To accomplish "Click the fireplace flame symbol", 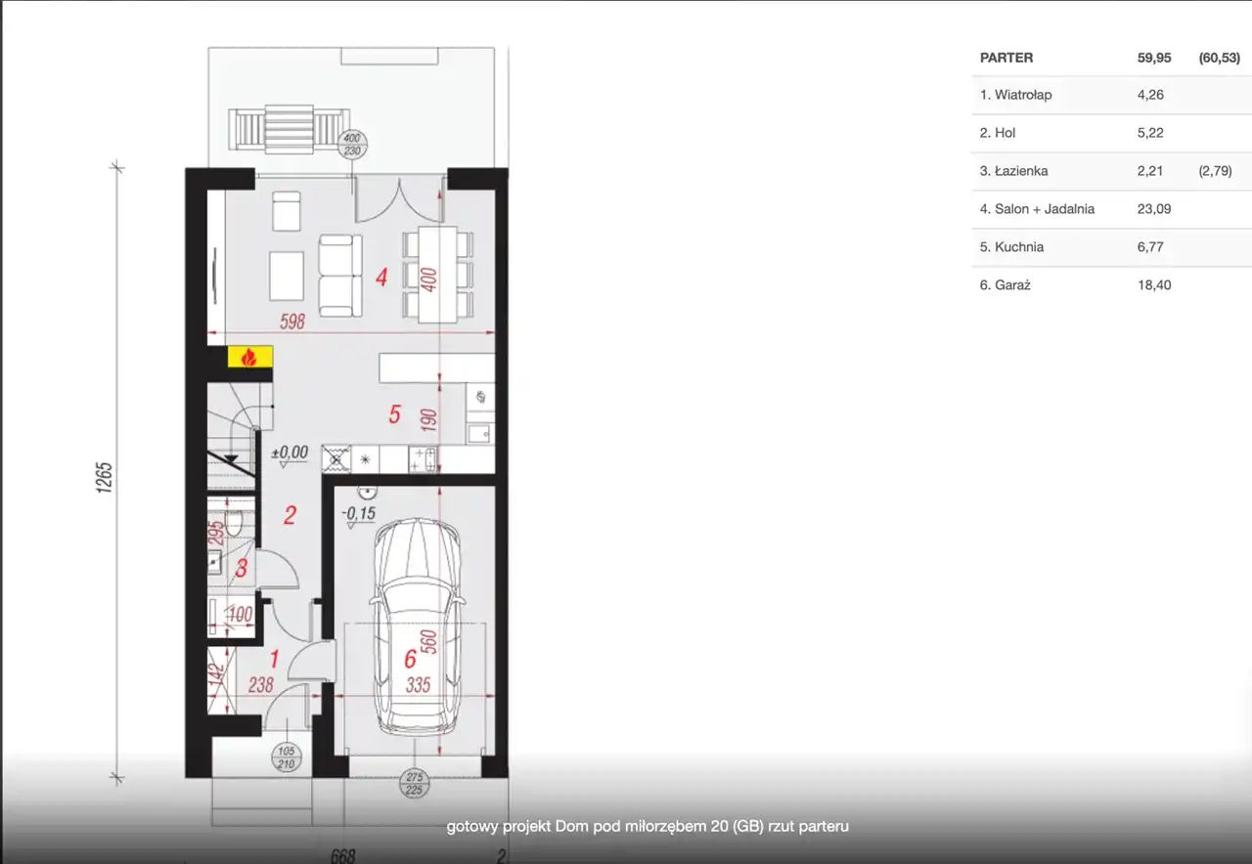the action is tap(248, 357).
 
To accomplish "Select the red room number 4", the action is tap(381, 277).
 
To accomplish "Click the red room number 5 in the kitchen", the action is tap(394, 414).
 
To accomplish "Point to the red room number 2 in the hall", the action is tap(290, 515).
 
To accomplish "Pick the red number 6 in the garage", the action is tap(411, 659).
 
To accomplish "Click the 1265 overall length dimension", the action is tap(105, 478).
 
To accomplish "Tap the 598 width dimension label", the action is tap(292, 322).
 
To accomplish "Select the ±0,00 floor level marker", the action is tap(290, 453).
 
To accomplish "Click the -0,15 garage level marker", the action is tap(359, 513).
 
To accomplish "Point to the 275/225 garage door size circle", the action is tap(414, 783).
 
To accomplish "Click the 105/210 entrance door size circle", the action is tap(287, 757).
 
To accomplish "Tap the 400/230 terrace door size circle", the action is tap(352, 145).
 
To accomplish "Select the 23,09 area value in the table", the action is tap(1153, 209).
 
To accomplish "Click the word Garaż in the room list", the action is tap(1012, 284).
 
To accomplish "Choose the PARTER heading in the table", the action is tap(1006, 58).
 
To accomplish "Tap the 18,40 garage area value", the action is tap(1154, 284).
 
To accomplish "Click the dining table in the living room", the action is tap(437, 275).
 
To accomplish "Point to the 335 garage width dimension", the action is tap(418, 685).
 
